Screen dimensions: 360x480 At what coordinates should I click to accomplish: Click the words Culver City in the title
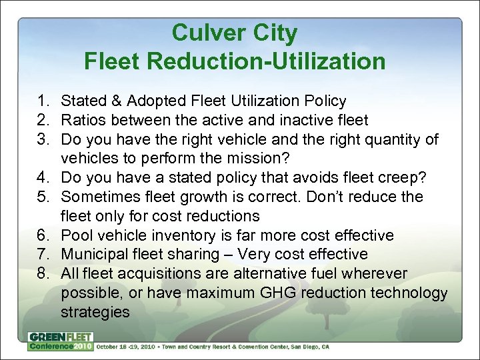[235, 33]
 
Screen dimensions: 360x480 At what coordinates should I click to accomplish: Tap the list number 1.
[43, 101]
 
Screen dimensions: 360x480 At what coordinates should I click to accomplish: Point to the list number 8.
[43, 274]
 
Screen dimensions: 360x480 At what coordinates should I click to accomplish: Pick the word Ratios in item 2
[83, 121]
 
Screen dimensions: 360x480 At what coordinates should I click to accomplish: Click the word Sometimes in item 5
[101, 197]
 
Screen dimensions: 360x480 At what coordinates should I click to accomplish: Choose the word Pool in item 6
[75, 236]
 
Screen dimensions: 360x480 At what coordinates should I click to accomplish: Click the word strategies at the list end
[95, 312]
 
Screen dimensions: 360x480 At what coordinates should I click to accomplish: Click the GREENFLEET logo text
[61, 337]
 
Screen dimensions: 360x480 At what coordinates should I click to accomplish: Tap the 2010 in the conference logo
[83, 347]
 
